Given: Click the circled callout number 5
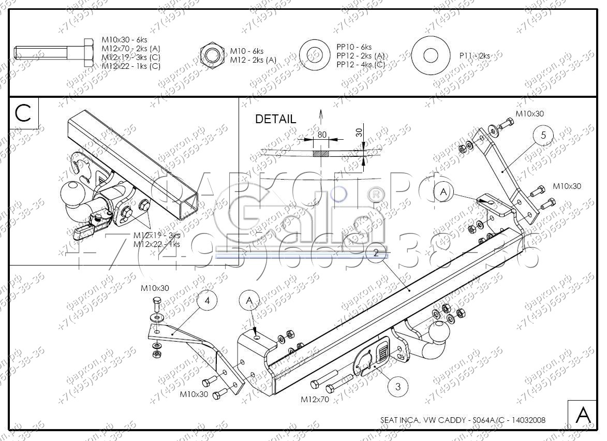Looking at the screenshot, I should [543, 136].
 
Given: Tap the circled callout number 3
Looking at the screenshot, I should [397, 386].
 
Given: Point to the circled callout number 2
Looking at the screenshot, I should [376, 253].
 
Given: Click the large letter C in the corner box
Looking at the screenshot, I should [24, 114].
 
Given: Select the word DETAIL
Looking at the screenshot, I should [276, 119].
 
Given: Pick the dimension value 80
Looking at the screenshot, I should [322, 135].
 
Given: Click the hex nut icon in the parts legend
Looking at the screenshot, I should [211, 54].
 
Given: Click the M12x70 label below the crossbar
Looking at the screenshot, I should [315, 400].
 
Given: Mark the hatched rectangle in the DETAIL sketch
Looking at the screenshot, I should [321, 154].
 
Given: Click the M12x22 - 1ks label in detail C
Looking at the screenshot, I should [157, 244].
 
